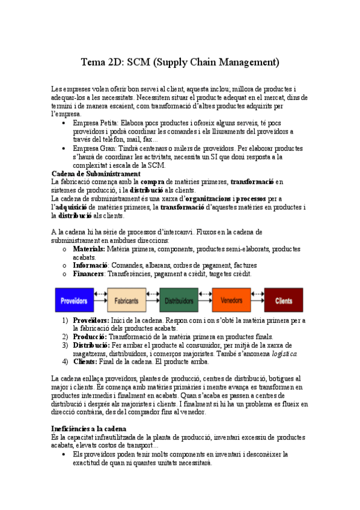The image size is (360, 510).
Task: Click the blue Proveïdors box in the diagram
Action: coord(75,300)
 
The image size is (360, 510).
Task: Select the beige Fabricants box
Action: coord(127,300)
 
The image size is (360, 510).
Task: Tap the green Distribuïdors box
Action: coord(179,300)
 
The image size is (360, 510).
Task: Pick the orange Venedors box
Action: coord(231,300)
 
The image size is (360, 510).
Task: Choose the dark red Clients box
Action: coord(284,300)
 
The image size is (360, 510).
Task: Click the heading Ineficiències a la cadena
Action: coord(89,428)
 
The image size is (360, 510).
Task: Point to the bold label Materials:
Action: coord(89,248)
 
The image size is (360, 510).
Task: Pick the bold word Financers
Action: coord(89,274)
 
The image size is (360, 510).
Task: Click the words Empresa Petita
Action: coord(95,122)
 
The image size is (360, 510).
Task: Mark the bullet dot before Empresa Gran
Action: coord(64,148)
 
